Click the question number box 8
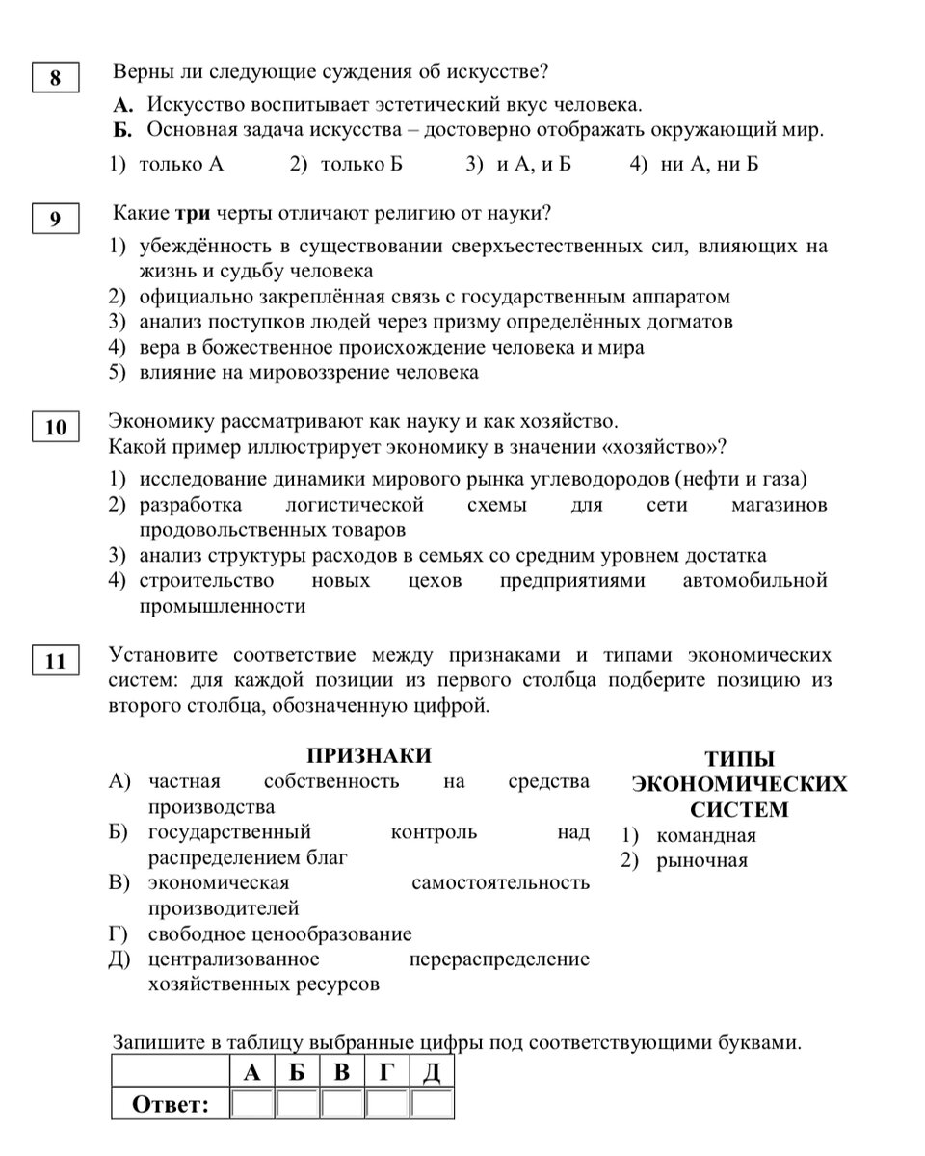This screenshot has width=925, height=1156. pos(55,77)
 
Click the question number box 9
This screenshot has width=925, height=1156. pos(55,219)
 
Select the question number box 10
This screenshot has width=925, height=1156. pos(55,427)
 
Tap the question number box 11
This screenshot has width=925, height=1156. pos(55,660)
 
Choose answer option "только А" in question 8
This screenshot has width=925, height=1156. pos(180,165)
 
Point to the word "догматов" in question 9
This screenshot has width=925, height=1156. pos(690,321)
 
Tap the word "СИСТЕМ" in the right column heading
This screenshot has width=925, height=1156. pos(739,809)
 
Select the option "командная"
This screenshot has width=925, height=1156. pos(705,835)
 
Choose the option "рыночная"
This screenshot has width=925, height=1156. pos(701,860)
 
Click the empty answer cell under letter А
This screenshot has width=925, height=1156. pos(252,1103)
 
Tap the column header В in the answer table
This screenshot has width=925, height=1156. pos(342,1072)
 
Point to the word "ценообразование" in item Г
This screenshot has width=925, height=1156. pos(334,934)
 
